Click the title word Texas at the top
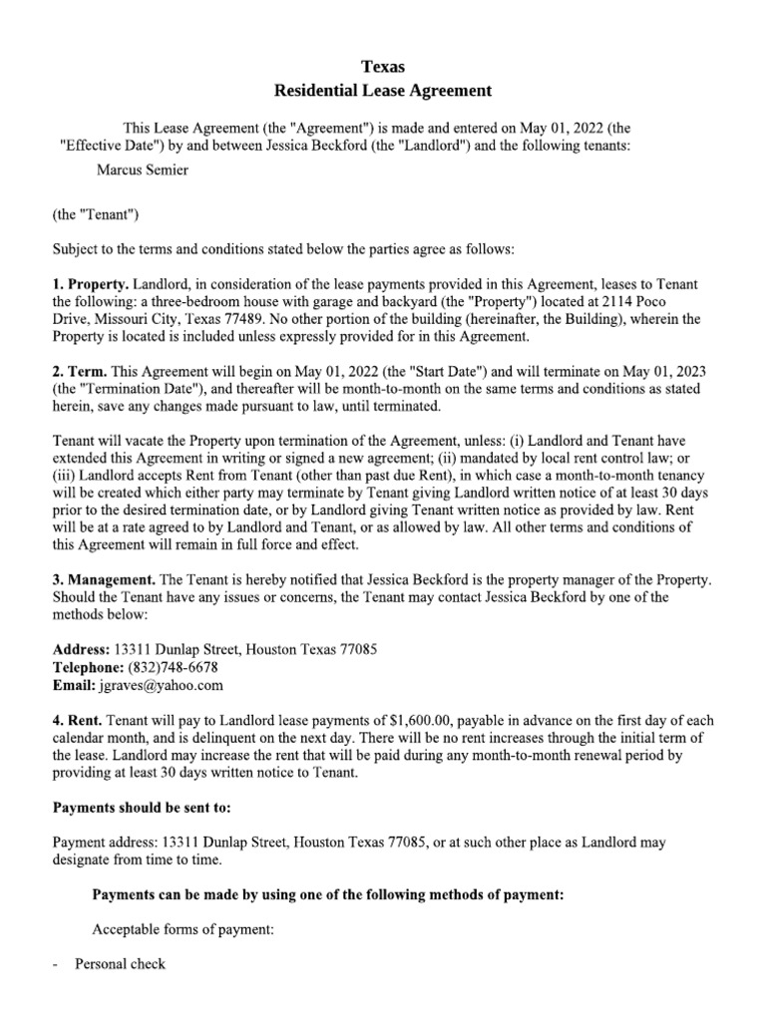click(383, 67)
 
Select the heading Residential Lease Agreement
click(383, 91)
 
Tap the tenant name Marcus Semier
click(143, 170)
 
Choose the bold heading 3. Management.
click(104, 579)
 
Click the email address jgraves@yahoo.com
click(161, 685)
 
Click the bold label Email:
click(73, 685)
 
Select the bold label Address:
click(80, 649)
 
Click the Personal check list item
click(120, 964)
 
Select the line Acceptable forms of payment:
click(182, 930)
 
